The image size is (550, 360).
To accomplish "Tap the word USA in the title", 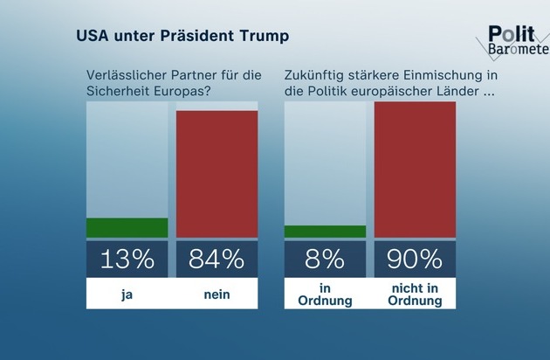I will (x=93, y=37).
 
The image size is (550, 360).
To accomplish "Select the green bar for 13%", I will (x=127, y=227).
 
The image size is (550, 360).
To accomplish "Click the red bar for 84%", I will (x=217, y=173).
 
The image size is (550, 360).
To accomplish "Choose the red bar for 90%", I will (x=415, y=169).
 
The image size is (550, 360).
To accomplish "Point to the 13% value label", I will (x=127, y=259).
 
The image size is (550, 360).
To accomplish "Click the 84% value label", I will (x=217, y=259).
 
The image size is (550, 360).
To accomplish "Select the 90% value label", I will (x=415, y=259).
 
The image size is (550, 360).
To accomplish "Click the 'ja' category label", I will (x=127, y=294).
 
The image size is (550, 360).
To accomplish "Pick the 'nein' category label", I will (x=217, y=294).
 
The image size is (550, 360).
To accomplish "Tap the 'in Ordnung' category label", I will (x=326, y=294).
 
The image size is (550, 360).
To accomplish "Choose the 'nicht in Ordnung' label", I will (x=415, y=294).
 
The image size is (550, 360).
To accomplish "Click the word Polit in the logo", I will (x=509, y=33).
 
